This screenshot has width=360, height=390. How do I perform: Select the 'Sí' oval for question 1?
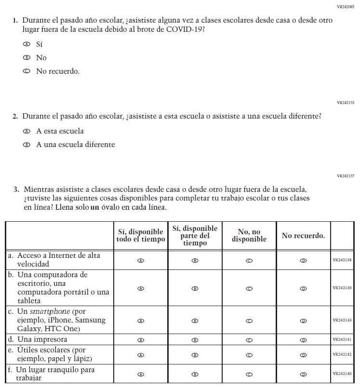click(x=27, y=44)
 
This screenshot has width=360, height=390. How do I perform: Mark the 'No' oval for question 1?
click(x=27, y=58)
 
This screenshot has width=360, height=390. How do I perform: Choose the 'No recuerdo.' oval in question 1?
click(x=27, y=71)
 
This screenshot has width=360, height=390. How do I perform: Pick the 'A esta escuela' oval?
click(x=27, y=131)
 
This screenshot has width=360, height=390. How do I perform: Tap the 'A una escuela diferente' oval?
click(x=27, y=145)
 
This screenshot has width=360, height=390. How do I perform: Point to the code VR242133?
click(x=346, y=103)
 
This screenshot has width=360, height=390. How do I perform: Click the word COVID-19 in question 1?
click(x=186, y=29)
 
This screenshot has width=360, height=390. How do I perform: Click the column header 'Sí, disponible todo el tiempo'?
click(x=141, y=236)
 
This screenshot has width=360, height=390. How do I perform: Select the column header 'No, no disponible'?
click(x=249, y=236)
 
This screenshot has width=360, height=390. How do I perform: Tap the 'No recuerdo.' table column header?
click(x=303, y=236)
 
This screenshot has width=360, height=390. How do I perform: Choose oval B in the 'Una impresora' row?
click(x=195, y=340)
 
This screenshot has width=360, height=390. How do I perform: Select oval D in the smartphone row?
click(x=303, y=320)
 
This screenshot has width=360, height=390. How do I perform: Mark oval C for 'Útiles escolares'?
click(x=249, y=355)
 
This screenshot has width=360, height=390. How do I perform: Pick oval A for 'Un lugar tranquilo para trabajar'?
click(x=141, y=374)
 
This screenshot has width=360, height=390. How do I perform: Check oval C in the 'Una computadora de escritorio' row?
click(x=249, y=288)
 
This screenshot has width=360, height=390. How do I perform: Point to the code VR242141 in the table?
click(x=342, y=340)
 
